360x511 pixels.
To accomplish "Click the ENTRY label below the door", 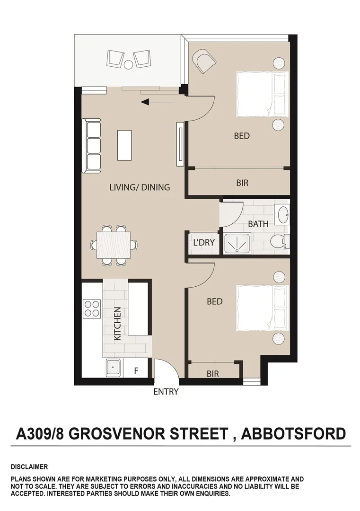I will click(x=166, y=392).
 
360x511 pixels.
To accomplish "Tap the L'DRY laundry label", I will click(x=204, y=243).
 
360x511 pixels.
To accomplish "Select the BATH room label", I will click(x=258, y=224).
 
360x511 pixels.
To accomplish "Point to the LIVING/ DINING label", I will click(x=140, y=187).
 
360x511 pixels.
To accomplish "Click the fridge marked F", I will click(x=136, y=371).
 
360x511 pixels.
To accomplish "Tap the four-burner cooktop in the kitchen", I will click(x=91, y=309).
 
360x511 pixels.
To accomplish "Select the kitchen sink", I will click(x=113, y=368).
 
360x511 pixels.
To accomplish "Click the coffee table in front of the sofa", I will click(x=124, y=145).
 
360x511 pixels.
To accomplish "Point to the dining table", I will click(x=114, y=245).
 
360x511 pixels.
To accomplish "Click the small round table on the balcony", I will click(x=129, y=63).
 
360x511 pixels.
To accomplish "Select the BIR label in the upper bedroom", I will click(x=242, y=183).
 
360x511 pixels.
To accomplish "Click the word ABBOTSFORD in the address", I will click(x=293, y=433).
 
